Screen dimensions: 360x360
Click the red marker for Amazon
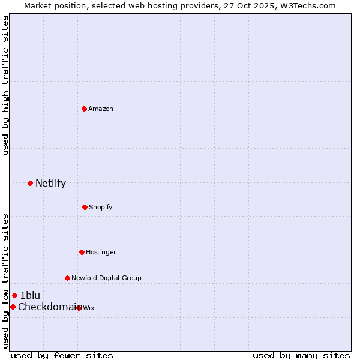pos(84,109)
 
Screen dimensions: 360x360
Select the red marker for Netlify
pos(30,183)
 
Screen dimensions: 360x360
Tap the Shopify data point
pos(85,207)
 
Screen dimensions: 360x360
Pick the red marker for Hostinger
pos(82,252)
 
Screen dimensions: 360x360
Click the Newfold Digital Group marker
pos(67,278)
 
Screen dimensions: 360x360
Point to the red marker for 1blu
pos(14,295)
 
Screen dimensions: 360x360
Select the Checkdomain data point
pos(13,307)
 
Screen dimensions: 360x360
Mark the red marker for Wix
pos(79,308)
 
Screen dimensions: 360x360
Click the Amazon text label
pos(101,109)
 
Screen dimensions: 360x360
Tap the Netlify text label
pos(50,184)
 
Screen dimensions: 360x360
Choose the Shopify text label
pos(101,208)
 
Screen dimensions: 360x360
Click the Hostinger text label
pos(101,253)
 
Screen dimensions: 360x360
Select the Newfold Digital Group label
pos(106,278)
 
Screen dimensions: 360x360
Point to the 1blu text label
pos(30,296)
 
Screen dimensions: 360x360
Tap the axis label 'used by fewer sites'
pos(62,356)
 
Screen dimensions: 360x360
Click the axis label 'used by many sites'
pos(301,356)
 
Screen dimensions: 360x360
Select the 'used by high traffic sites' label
pos(5,85)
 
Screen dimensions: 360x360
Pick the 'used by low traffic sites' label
pos(5,281)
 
